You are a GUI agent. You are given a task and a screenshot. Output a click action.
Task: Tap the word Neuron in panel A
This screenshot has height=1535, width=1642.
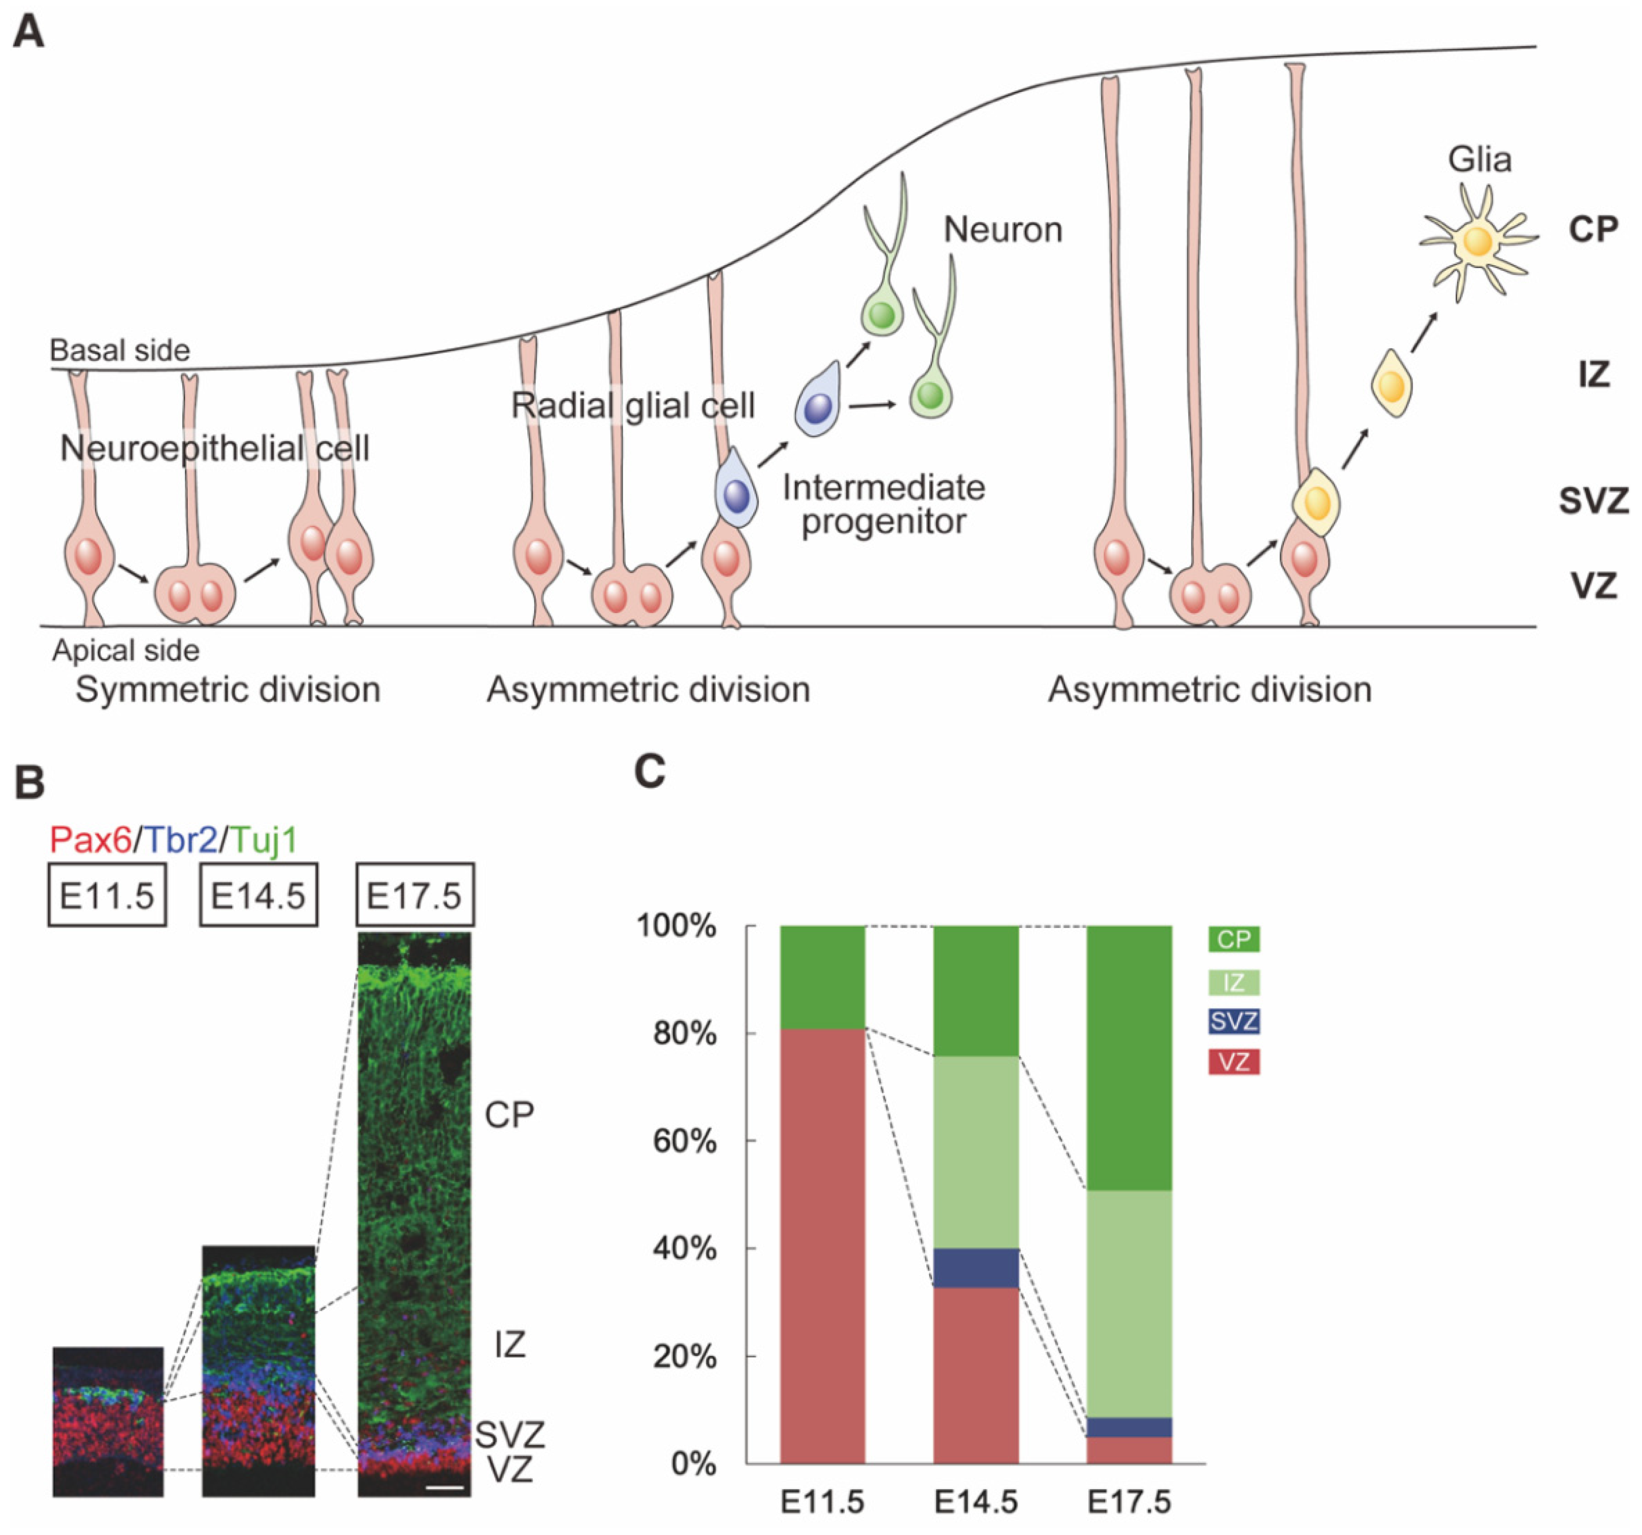point(1002,230)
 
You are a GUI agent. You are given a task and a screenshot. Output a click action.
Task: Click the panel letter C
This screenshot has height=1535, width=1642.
point(650,773)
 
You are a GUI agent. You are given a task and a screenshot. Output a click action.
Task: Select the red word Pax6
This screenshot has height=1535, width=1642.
point(90,840)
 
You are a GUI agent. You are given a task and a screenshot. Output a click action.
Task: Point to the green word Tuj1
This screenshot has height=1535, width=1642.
point(264,840)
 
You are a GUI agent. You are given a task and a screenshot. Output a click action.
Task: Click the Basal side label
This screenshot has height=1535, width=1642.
point(120,350)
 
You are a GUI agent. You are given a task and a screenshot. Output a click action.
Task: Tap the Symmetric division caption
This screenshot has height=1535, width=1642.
point(228,689)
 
